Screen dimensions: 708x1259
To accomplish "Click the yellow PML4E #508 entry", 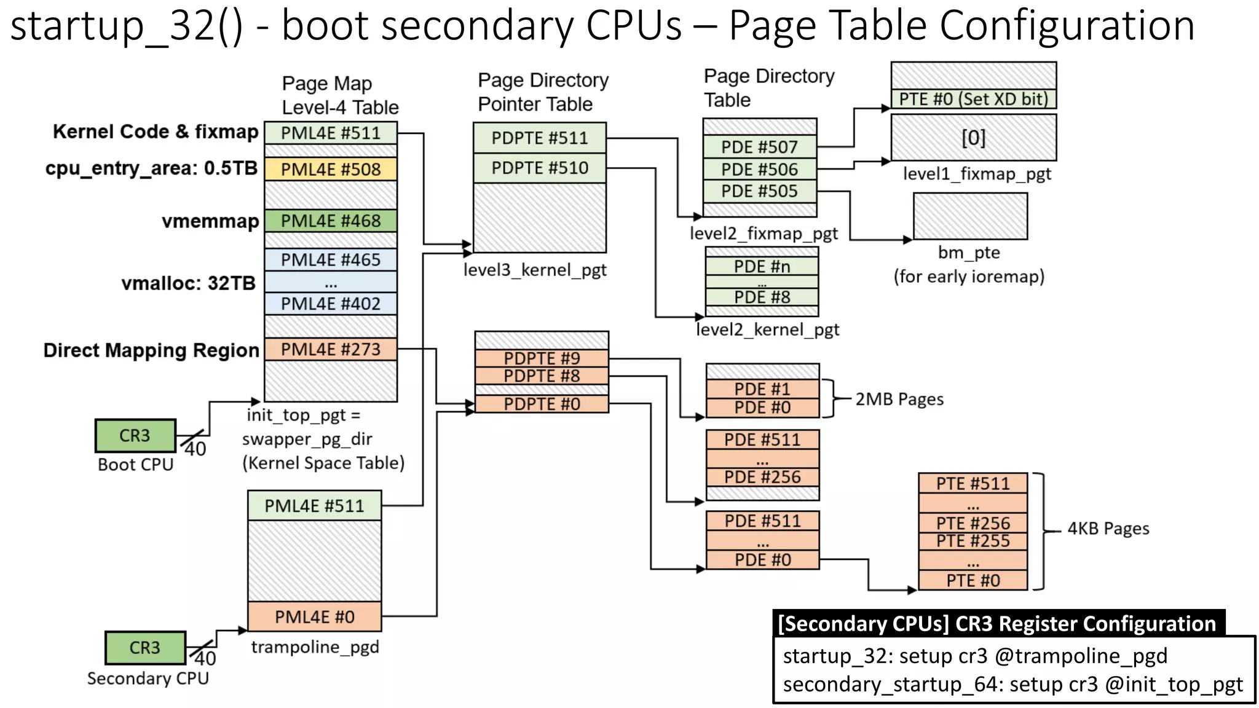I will tap(331, 169).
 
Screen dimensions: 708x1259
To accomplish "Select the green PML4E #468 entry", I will tap(331, 221).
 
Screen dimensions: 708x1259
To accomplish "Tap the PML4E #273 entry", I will tap(331, 349).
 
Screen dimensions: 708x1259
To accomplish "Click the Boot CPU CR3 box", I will tap(135, 435).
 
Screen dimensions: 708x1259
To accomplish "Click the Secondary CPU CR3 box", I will tap(145, 647).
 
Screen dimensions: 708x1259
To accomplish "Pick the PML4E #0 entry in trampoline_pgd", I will tap(314, 616).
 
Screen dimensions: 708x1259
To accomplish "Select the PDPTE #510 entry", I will tap(539, 168).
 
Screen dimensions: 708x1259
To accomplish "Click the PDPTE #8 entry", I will tap(542, 376).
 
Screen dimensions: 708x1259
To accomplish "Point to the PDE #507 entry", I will tap(759, 147).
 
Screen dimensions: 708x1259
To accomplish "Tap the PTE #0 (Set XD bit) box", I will tap(973, 99).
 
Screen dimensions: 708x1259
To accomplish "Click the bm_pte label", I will tap(969, 253).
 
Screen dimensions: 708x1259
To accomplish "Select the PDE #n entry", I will tap(762, 266).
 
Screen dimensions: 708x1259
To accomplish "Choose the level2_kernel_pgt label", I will tap(767, 330).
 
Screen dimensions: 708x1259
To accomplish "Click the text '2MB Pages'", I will tap(899, 399).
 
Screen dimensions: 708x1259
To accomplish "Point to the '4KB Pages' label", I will tap(1108, 529).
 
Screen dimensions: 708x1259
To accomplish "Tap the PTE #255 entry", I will tap(973, 541).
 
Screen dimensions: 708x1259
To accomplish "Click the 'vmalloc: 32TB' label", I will tap(188, 283).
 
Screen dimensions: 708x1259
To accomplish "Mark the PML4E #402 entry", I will tap(331, 304).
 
